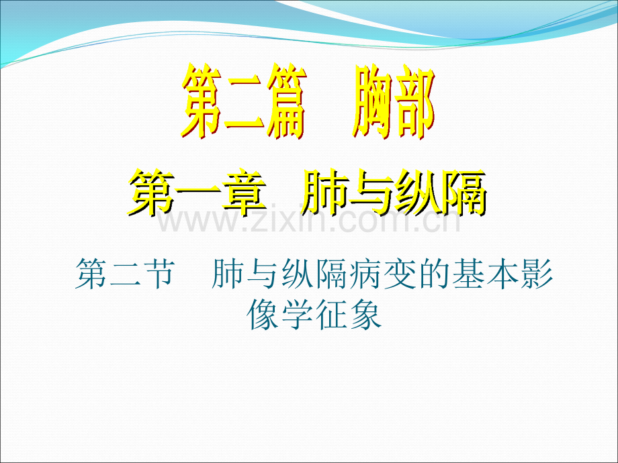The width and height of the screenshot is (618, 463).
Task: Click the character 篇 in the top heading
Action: (x=287, y=101)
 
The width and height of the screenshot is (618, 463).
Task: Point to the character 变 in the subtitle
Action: (x=400, y=274)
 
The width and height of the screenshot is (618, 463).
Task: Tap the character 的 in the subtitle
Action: (x=435, y=274)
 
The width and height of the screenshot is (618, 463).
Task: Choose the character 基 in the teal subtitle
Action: (x=469, y=274)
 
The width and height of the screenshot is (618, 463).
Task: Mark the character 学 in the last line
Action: (x=297, y=315)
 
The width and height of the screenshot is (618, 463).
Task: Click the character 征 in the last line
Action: (x=331, y=315)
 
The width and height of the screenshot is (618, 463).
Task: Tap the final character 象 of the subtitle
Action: (x=365, y=315)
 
